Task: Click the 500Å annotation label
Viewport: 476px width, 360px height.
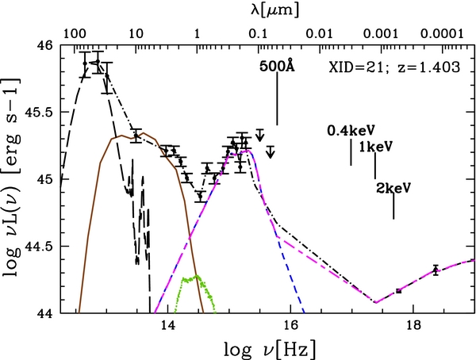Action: point(276,67)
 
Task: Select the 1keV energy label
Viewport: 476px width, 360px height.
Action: point(375,147)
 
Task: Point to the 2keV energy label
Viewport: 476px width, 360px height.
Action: point(393,187)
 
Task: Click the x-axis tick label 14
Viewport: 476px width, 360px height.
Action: point(167,326)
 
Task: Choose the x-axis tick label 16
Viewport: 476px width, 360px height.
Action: point(290,326)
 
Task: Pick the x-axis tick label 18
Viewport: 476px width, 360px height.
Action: point(413,326)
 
